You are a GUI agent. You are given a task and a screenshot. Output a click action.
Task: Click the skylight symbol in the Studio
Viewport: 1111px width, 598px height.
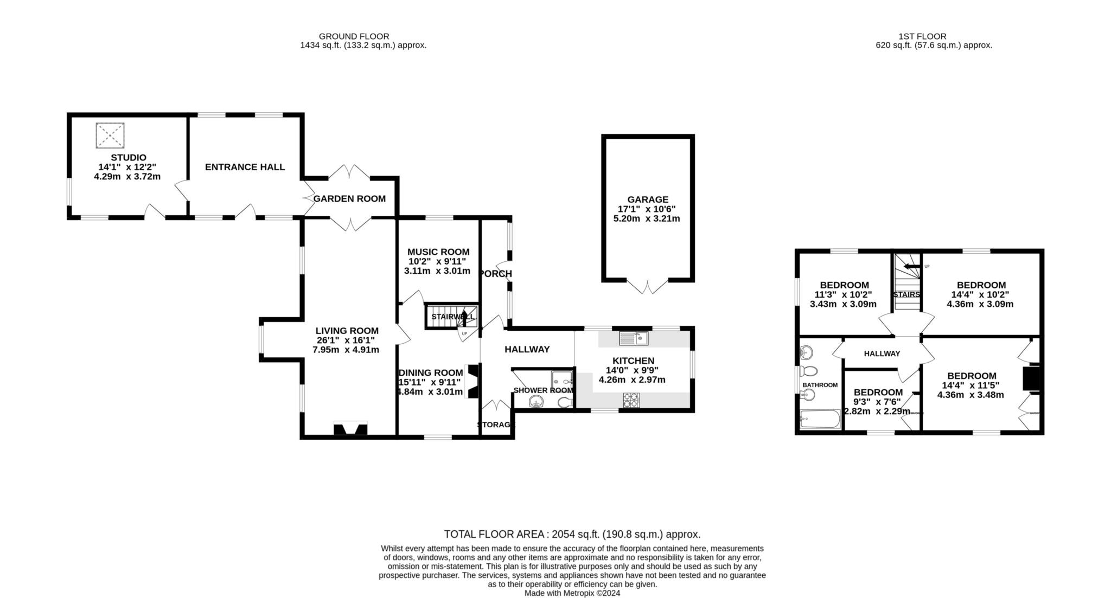tap(111, 136)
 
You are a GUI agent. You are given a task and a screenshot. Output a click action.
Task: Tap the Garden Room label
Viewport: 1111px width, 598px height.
tap(349, 199)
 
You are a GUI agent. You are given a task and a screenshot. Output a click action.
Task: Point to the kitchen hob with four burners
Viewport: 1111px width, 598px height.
tap(631, 400)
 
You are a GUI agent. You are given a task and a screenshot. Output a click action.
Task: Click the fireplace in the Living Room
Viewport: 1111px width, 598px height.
tap(351, 429)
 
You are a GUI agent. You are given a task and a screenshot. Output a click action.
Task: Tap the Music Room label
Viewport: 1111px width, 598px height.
tap(438, 252)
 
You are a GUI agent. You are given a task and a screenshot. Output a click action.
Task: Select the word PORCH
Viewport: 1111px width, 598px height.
tap(495, 274)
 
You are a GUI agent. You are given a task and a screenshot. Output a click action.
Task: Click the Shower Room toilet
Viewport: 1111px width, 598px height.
tap(564, 402)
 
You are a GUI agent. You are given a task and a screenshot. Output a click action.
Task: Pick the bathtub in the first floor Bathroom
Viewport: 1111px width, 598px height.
tap(820, 419)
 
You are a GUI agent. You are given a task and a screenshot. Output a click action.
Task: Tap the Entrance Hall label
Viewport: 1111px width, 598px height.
tap(245, 167)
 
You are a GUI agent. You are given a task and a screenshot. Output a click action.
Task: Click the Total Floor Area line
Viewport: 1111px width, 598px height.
tap(572, 534)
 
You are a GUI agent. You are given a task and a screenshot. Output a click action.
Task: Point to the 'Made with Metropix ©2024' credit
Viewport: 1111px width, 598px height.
tap(572, 593)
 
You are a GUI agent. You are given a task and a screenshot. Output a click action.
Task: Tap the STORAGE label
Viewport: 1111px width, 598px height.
tap(495, 425)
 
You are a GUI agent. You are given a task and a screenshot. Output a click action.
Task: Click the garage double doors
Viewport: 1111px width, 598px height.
tap(647, 286)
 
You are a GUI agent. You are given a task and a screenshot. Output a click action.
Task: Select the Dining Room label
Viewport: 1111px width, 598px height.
tap(431, 373)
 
